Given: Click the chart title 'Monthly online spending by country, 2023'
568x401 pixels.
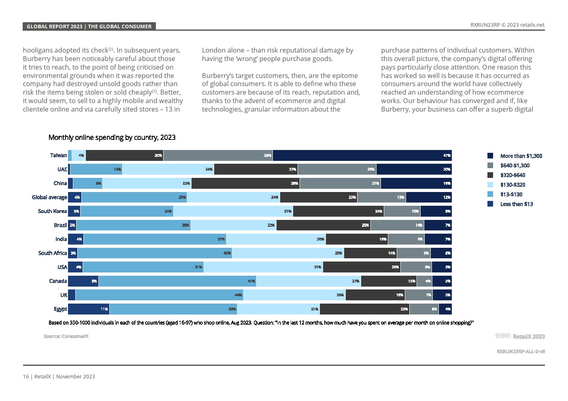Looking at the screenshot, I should (x=112, y=137).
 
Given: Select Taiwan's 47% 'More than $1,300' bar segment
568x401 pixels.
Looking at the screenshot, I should (x=362, y=155).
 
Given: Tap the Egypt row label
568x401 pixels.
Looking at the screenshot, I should (x=60, y=309).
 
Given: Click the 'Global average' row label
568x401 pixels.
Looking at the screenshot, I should (x=49, y=197).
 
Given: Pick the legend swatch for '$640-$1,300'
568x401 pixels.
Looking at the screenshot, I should (x=490, y=165).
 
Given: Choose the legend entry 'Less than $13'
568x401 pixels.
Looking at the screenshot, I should (x=516, y=204).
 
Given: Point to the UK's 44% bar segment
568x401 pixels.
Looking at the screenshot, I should (x=159, y=295).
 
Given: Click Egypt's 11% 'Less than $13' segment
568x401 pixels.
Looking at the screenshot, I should (x=89, y=309).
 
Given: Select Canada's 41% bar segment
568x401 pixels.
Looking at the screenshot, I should (x=177, y=281).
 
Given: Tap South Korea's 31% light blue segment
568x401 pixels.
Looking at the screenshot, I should (x=233, y=211).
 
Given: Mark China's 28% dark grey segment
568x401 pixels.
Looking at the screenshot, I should (x=245, y=183).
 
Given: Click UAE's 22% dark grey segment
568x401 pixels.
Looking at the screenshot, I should (x=255, y=169).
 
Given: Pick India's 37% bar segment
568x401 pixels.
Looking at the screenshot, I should (x=155, y=239).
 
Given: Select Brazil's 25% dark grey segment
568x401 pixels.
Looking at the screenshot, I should (x=323, y=225).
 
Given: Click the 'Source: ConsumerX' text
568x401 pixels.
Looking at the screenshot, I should (x=66, y=336).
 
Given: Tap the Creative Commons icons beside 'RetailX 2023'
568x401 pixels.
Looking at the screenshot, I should (x=502, y=336).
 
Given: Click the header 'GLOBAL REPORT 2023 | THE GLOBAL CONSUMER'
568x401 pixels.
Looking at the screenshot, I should (x=89, y=26).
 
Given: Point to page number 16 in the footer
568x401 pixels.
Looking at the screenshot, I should (x=26, y=376).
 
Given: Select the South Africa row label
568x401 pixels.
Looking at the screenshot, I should (x=52, y=253).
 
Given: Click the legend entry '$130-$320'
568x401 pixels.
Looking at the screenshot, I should (x=512, y=185).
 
